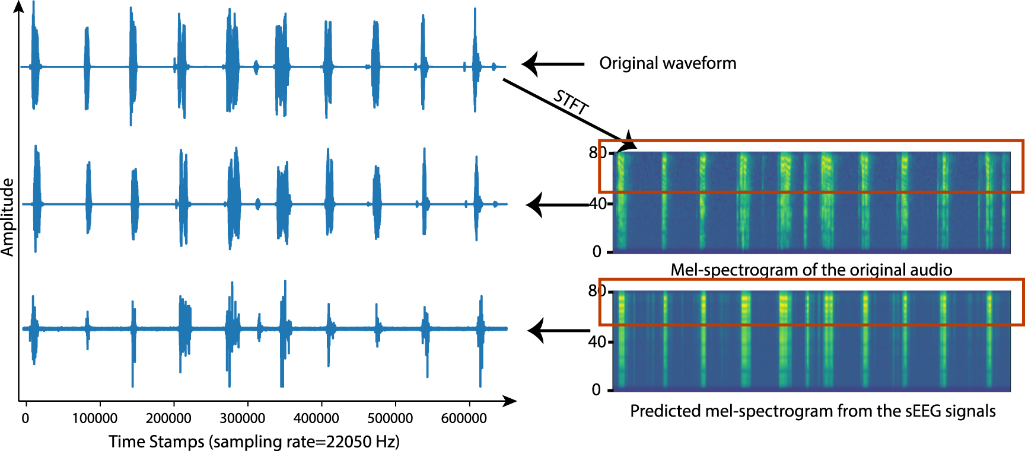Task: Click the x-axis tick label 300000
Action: tap(242, 418)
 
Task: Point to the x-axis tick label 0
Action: tap(25, 418)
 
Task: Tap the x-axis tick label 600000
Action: tap(464, 418)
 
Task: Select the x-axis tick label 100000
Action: tap(95, 418)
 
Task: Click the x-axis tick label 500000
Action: tap(390, 418)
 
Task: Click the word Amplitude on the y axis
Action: tap(8, 217)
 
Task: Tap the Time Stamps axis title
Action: tap(254, 442)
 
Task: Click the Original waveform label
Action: tap(667, 63)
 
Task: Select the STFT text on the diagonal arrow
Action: tap(571, 102)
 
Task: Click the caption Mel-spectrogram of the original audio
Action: tap(811, 270)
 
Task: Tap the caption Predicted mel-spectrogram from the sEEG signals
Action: tap(813, 411)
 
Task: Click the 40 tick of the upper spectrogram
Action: tap(597, 204)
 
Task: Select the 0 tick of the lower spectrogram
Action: tap(596, 389)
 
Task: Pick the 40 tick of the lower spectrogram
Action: tap(597, 342)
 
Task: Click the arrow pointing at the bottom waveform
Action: tap(558, 331)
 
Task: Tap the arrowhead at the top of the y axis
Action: tap(19, 7)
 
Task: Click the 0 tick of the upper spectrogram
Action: tap(597, 252)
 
